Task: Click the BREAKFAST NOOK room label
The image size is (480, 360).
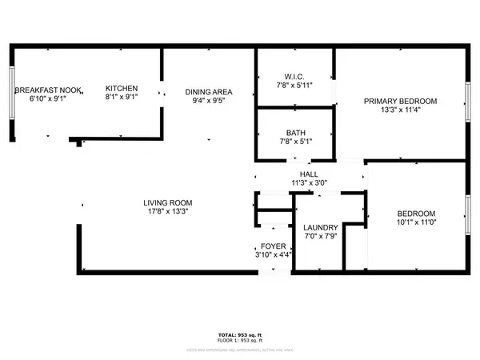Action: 44,89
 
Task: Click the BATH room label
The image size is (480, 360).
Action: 294,133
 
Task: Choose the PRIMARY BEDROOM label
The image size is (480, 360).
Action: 401,101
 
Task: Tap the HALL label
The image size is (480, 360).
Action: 309,173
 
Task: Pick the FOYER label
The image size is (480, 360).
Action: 273,246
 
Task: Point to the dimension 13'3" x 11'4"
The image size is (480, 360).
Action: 401,110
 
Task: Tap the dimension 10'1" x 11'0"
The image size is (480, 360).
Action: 417,222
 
